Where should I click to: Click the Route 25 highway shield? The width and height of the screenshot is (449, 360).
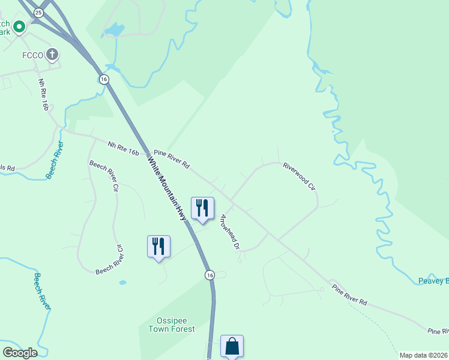point(39,12)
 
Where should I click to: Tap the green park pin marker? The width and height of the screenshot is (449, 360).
point(19,26)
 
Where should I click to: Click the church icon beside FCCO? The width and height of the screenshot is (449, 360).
point(53,55)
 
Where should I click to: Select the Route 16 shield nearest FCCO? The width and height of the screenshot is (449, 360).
point(104,79)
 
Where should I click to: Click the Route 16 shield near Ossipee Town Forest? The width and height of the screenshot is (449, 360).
point(209,275)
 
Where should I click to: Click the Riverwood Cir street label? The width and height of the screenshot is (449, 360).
point(300,175)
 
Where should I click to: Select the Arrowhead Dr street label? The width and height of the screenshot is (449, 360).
point(230,232)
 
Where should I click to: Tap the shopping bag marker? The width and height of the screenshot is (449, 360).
point(232,346)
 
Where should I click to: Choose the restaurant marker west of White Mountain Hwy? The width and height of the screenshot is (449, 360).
point(158,246)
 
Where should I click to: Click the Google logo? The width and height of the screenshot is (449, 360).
point(19,353)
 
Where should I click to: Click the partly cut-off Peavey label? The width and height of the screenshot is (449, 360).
point(433,281)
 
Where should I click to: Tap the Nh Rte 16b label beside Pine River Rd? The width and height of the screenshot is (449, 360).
point(124,148)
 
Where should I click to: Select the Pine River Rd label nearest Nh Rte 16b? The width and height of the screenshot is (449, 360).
point(171,158)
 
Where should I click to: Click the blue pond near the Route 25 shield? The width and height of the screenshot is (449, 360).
point(113,29)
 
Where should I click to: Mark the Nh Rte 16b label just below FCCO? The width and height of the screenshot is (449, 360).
point(43,94)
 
